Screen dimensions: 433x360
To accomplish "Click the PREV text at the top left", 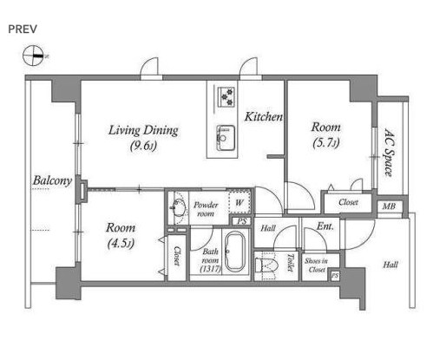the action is click(23, 29).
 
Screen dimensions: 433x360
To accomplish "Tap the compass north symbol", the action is click(33, 56).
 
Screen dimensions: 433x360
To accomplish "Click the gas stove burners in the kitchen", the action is click(225, 96).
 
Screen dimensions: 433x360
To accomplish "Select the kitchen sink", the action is click(225, 138).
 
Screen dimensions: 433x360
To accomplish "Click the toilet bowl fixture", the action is click(267, 265).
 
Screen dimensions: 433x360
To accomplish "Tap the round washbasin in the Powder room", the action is click(179, 207).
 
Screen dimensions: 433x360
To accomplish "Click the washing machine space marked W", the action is click(239, 202).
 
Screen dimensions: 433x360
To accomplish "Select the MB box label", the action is click(389, 206).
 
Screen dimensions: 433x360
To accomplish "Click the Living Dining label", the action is click(143, 130).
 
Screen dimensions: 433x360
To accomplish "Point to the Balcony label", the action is click(52, 180).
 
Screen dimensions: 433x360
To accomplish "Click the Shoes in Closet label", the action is click(317, 265).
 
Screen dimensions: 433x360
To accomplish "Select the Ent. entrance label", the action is click(325, 226).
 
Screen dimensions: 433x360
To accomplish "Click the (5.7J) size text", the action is click(325, 143).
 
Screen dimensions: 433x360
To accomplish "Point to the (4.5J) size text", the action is click(121, 244).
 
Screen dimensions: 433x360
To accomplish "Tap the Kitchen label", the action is click(263, 116).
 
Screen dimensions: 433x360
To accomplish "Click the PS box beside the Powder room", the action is click(242, 221).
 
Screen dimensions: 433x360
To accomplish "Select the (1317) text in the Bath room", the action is click(210, 269).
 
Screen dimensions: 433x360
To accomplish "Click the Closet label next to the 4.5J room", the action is click(177, 256).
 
